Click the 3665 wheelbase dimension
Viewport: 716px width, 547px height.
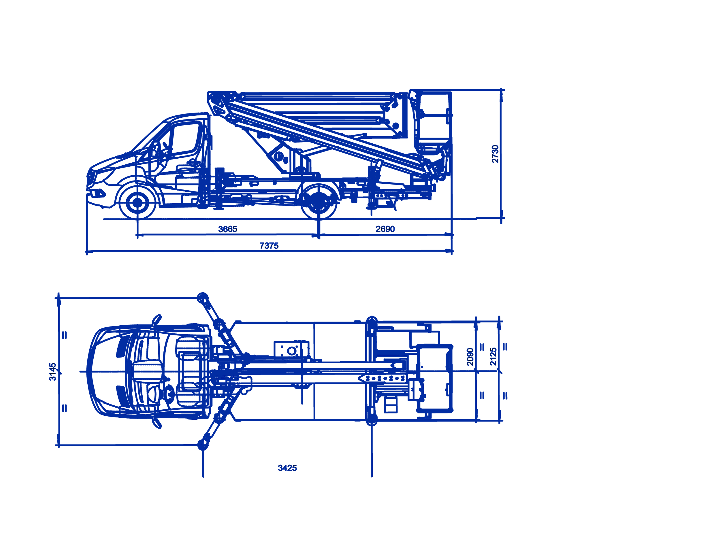coord(227,229)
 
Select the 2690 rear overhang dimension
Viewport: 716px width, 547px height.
coord(385,229)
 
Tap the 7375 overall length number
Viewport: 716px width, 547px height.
coord(269,246)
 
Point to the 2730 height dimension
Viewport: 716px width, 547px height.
coord(495,154)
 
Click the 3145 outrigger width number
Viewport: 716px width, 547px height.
coord(52,372)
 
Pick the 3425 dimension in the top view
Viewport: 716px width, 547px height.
coord(287,468)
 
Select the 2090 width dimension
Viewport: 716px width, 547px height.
coord(470,357)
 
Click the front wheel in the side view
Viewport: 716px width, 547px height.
coord(137,202)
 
